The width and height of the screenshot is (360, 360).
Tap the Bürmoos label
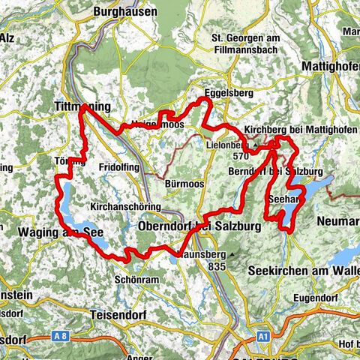pyautogui.click(x=180, y=182)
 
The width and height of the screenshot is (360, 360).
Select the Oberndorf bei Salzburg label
pyautogui.click(x=199, y=226)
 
